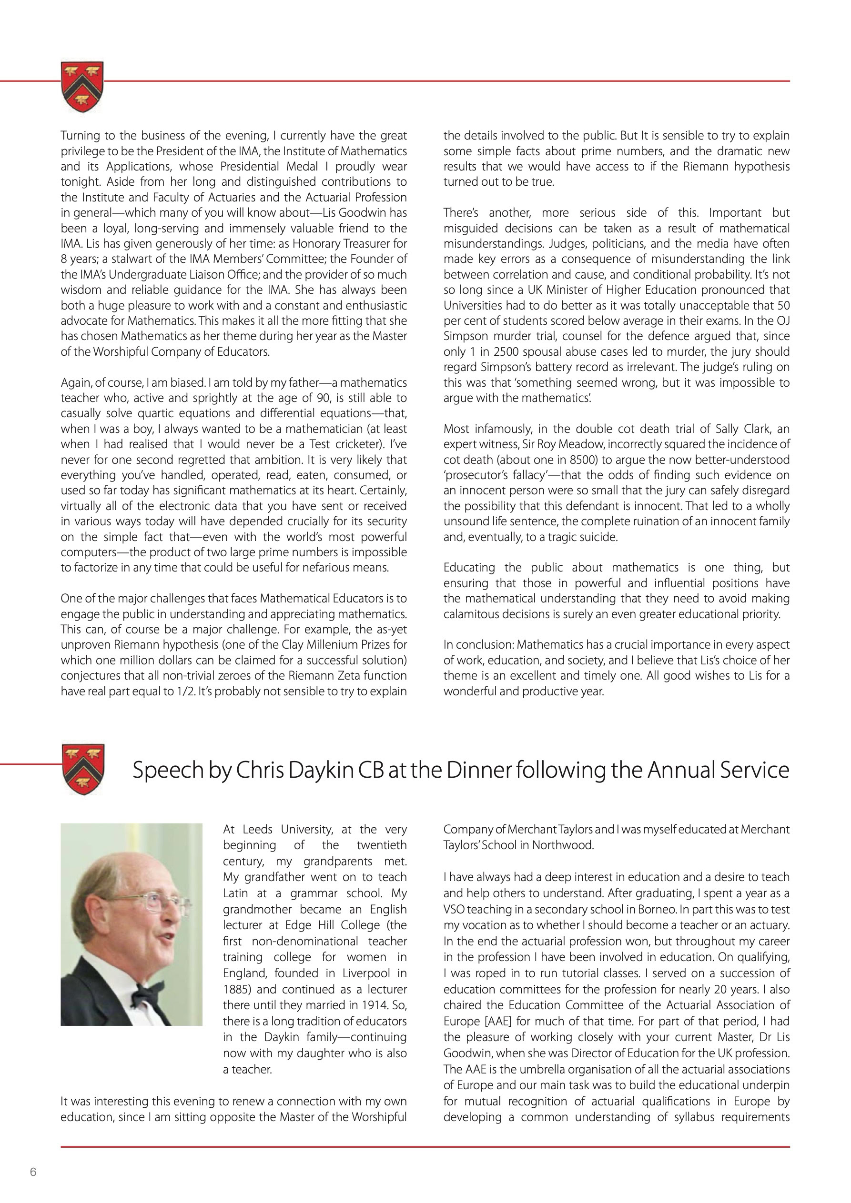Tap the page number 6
click(33, 1172)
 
